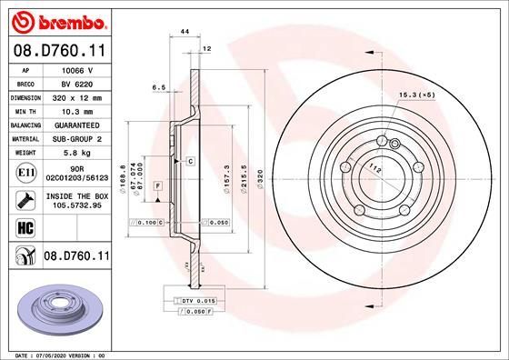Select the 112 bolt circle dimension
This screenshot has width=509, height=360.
tap(374, 167)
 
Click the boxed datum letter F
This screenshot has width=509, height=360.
tap(159, 185)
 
